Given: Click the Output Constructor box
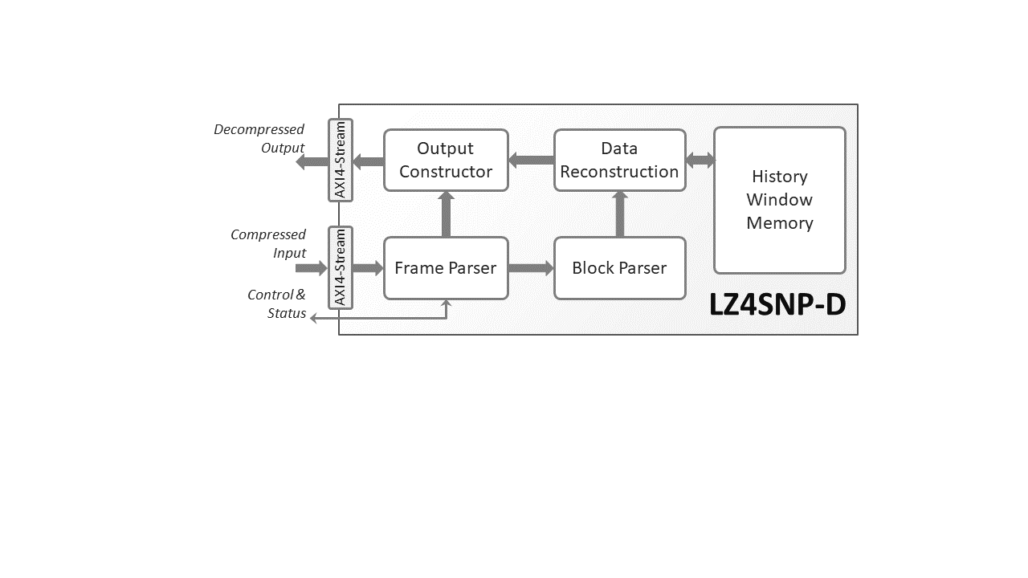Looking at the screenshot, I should (x=446, y=161).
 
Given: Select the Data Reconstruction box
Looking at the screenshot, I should (x=619, y=161).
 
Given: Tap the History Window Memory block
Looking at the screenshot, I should (x=779, y=200).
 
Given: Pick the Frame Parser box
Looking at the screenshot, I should (x=446, y=268).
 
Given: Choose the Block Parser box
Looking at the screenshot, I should (x=619, y=268).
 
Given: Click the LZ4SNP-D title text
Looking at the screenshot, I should (x=777, y=305).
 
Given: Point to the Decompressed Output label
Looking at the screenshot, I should (x=259, y=138).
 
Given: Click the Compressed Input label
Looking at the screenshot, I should (x=268, y=243).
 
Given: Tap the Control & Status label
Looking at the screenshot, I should (x=277, y=304).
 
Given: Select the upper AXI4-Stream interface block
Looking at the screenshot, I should (x=341, y=160).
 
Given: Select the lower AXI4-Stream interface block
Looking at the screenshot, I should (x=341, y=268).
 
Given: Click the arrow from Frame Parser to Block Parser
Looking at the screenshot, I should (x=531, y=268).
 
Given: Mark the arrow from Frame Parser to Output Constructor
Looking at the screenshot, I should (x=447, y=214).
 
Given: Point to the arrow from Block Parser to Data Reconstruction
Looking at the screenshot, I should (x=620, y=214).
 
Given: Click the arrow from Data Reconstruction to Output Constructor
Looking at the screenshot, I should (x=531, y=161).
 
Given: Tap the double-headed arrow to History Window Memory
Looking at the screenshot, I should (x=700, y=161).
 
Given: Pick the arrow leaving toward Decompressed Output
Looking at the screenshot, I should (x=312, y=162).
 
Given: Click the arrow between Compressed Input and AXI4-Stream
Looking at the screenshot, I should (x=312, y=268).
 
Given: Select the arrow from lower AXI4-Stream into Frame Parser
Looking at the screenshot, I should (x=368, y=268).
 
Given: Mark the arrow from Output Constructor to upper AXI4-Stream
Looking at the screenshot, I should (x=368, y=162).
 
